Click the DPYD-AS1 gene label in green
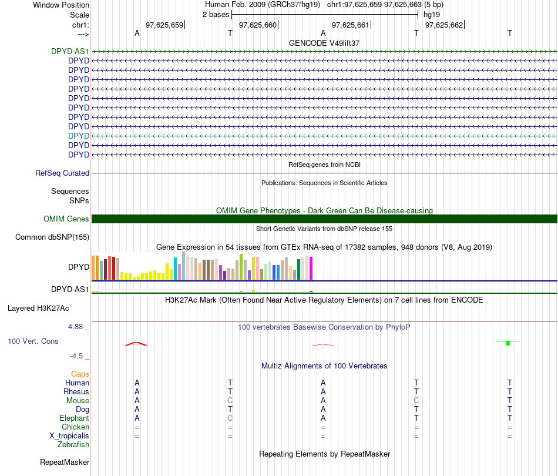(x=70, y=51)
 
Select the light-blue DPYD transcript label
(x=79, y=136)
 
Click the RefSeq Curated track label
(x=62, y=173)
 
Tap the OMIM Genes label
(x=66, y=219)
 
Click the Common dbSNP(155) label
(x=52, y=237)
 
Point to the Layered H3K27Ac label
(x=38, y=309)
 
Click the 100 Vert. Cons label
(x=33, y=341)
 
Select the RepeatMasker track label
(x=65, y=462)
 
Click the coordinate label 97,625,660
(x=258, y=25)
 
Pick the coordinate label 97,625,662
(x=444, y=25)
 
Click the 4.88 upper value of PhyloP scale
(x=75, y=327)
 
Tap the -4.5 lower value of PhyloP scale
(x=76, y=356)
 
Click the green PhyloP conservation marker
(x=508, y=343)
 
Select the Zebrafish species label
(x=73, y=445)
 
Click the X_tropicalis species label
(x=69, y=436)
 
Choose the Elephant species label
(x=75, y=418)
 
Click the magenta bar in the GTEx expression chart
(x=311, y=268)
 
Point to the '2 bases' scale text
(x=216, y=15)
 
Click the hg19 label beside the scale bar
(x=432, y=15)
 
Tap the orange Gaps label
(x=80, y=374)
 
